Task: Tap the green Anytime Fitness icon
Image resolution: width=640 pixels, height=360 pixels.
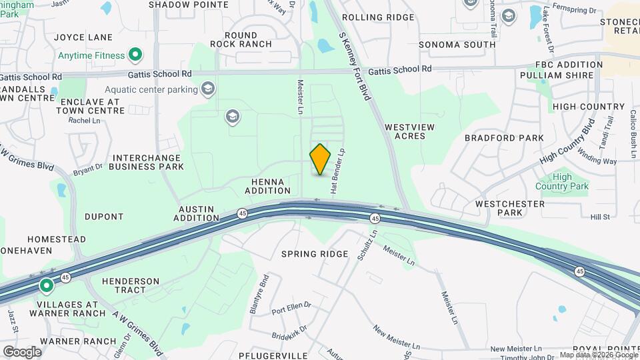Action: [135, 55]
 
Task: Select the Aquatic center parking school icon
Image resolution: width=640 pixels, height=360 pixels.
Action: [209, 89]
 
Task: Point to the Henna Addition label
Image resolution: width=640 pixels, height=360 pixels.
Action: [268, 186]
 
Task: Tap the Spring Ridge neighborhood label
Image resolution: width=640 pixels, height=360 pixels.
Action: [315, 254]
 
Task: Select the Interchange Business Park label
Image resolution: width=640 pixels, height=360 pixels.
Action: [146, 162]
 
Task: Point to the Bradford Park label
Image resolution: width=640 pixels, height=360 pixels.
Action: [504, 138]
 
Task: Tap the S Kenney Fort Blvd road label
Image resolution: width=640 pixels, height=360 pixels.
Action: [355, 67]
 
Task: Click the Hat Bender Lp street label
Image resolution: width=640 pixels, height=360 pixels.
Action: [337, 171]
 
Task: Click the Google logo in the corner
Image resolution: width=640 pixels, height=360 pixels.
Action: [22, 351]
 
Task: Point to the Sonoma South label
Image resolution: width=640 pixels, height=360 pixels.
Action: [457, 45]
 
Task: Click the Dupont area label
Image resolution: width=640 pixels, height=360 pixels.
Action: [104, 217]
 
